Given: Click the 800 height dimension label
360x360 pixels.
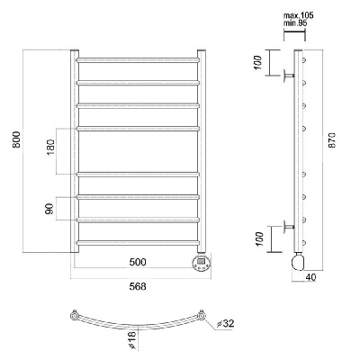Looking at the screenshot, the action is click(17, 139).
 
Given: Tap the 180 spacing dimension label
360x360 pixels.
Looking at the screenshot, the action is click(50, 147).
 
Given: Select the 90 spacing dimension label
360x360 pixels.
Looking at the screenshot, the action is click(49, 209).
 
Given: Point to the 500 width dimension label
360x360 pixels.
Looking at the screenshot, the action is click(138, 262).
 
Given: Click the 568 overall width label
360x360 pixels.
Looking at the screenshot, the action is click(138, 286).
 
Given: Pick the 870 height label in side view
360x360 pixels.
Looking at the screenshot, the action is click(333, 139).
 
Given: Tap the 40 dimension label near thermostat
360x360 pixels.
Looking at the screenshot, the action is click(310, 277).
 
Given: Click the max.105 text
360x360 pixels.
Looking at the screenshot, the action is click(298, 15).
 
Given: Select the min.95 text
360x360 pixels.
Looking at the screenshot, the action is click(295, 22).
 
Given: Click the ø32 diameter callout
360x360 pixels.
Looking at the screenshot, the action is click(225, 323).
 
